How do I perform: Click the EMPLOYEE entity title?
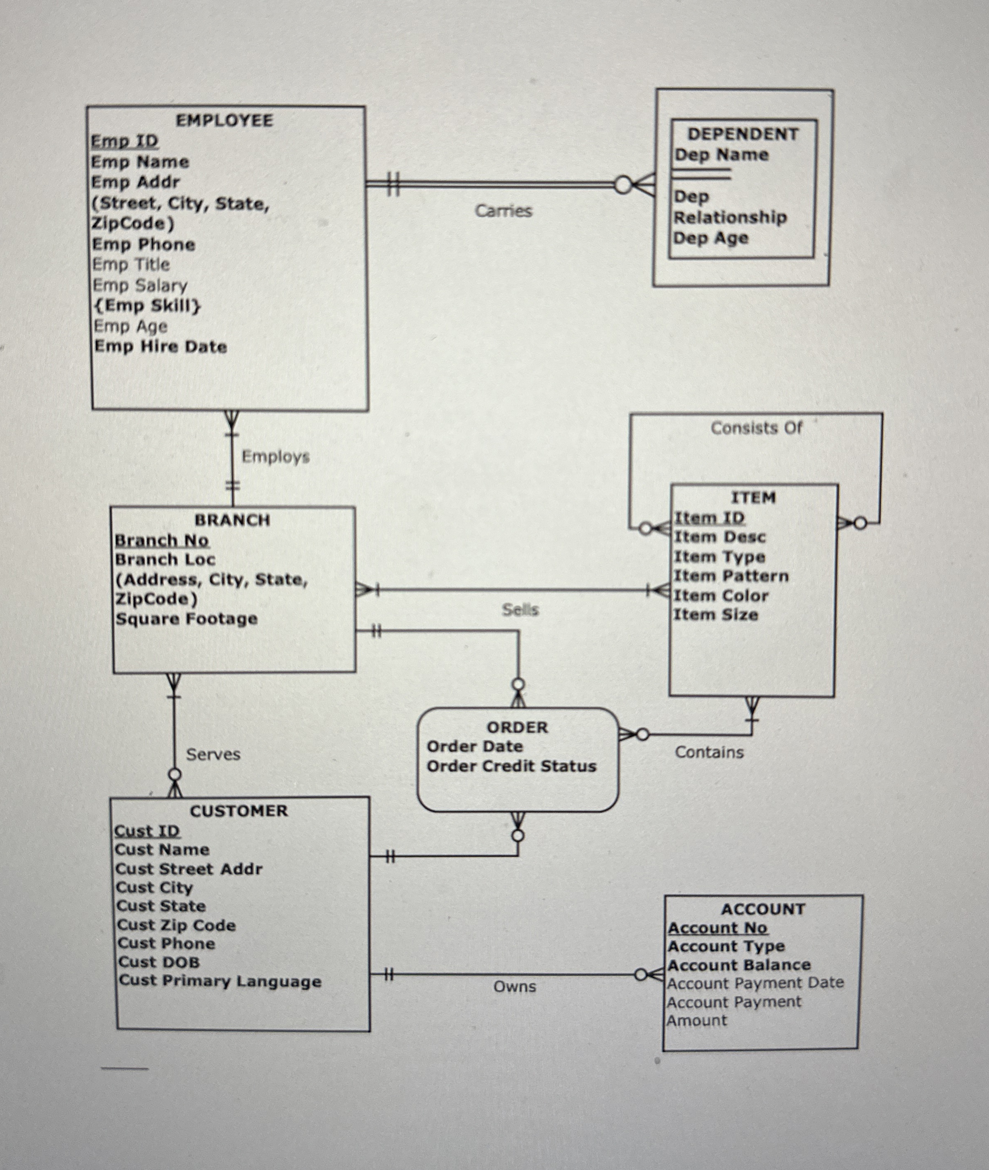click(224, 120)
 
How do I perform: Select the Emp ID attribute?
click(125, 141)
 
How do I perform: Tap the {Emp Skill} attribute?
click(147, 306)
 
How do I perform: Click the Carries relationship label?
click(503, 211)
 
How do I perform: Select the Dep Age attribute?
click(710, 238)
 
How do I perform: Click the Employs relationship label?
click(275, 456)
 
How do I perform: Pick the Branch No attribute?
click(161, 540)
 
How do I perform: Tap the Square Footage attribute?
click(186, 619)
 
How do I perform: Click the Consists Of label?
click(756, 428)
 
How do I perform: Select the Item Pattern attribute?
click(731, 576)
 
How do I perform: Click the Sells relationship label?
click(520, 610)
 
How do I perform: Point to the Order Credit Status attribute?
click(511, 766)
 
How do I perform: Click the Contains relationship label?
click(709, 752)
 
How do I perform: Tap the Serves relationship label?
click(213, 755)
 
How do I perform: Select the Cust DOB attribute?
click(159, 963)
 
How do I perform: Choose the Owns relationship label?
click(514, 987)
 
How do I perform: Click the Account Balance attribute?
click(738, 965)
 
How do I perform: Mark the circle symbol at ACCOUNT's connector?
click(640, 975)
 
